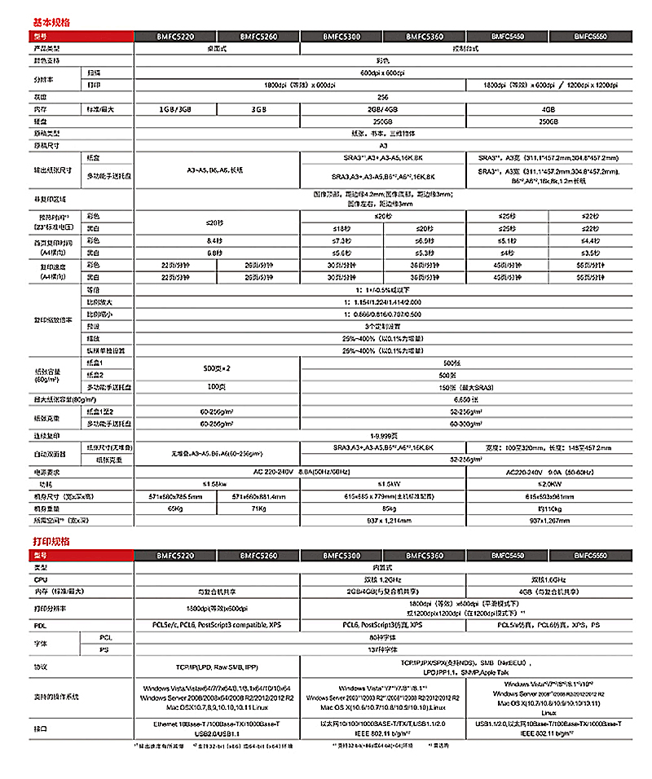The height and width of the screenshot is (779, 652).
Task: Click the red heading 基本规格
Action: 51,22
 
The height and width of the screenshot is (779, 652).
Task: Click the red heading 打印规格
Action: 51,541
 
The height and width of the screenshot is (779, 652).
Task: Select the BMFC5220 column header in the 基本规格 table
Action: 175,37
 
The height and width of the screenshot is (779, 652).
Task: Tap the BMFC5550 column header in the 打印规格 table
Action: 589,555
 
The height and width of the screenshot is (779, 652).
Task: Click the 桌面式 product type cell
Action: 217,49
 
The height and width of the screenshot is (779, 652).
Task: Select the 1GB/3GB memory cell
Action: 175,108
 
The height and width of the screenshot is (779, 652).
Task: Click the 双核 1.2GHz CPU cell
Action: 383,578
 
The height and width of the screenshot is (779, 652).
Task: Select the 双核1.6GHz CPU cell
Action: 548,578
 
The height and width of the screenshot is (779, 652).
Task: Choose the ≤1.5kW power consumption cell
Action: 383,483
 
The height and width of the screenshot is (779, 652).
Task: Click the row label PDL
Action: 38,624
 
